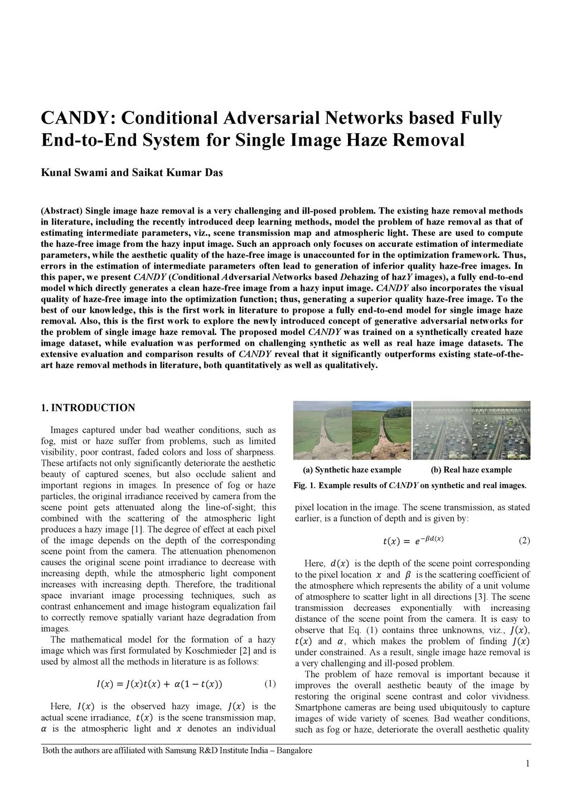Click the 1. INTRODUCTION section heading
(88, 408)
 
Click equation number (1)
(270, 683)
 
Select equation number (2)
(524, 541)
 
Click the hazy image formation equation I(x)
(159, 684)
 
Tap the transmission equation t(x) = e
(413, 541)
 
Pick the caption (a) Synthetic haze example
(352, 470)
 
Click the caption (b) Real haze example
(471, 470)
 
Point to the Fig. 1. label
(304, 485)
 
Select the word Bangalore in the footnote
(293, 750)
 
